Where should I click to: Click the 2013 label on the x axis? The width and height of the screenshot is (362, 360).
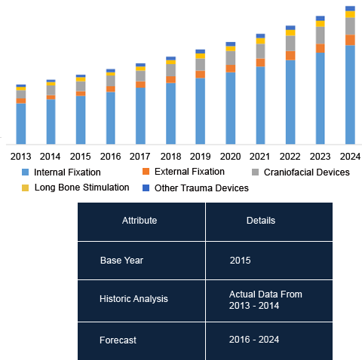tap(20, 157)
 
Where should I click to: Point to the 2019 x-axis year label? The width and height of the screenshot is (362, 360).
tap(200, 157)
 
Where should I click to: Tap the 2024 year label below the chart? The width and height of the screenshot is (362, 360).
tap(350, 157)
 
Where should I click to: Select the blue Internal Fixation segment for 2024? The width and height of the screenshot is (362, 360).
tap(350, 95)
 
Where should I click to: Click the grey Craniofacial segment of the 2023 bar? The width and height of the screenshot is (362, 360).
tap(320, 35)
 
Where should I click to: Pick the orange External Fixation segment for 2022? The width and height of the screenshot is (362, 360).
tap(290, 56)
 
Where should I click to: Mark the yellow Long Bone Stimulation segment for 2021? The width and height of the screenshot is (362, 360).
tap(260, 41)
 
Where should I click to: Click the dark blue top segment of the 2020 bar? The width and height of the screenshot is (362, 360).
tap(231, 44)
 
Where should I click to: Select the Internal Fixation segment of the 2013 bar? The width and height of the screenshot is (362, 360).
tap(21, 124)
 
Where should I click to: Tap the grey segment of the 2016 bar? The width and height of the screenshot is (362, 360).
tap(111, 81)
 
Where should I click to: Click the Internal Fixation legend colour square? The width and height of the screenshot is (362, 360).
tap(26, 172)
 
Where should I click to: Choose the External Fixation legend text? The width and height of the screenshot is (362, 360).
tap(189, 172)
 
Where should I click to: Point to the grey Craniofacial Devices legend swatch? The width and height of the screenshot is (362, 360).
tap(255, 172)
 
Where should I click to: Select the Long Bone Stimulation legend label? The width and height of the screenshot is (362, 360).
tap(81, 188)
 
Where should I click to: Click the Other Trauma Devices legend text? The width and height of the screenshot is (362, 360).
tap(201, 188)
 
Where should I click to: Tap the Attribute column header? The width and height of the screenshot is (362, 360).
tap(140, 221)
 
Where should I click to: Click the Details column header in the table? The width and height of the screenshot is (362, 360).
tap(261, 221)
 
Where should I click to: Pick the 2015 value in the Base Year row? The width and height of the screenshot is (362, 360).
tap(240, 261)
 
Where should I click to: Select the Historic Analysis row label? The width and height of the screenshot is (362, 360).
tap(133, 299)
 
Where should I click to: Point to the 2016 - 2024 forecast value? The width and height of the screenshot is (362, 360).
tap(254, 340)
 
